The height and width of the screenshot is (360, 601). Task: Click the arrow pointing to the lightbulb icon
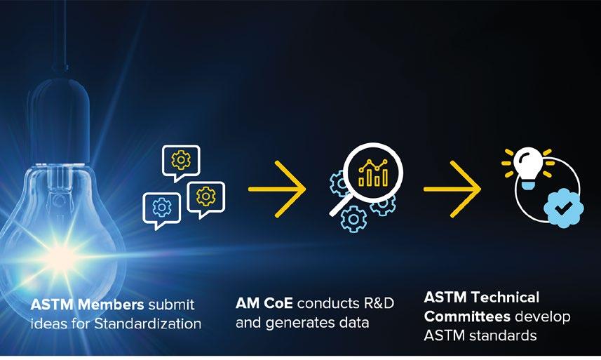[x=452, y=189]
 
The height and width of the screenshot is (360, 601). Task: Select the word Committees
[x=466, y=316]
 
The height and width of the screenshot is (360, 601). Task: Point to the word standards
[x=499, y=335]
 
